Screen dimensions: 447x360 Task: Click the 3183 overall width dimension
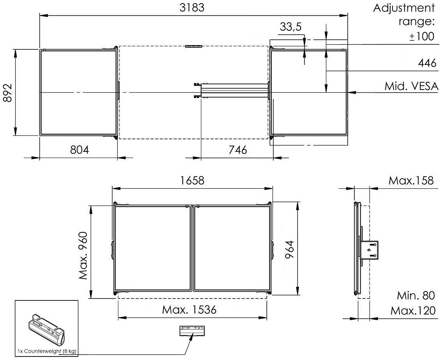tap(192, 8)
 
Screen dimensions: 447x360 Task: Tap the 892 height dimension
tap(8, 93)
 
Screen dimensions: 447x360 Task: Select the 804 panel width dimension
tap(79, 149)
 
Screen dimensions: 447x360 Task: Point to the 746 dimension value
tap(238, 149)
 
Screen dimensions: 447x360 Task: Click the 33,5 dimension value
tap(290, 27)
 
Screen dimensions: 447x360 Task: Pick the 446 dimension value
tap(427, 63)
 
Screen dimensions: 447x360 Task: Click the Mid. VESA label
tap(411, 86)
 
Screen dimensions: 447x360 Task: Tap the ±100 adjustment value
tap(422, 36)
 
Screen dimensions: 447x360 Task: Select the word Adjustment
tap(404, 8)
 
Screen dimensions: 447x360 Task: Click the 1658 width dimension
tap(192, 181)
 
